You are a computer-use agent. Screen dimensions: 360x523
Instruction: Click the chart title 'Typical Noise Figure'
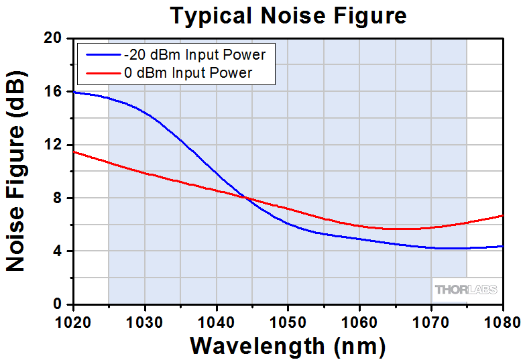click(x=288, y=15)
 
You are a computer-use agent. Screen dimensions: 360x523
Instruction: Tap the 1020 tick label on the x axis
click(x=74, y=320)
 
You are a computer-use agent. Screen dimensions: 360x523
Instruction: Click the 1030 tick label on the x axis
click(x=145, y=320)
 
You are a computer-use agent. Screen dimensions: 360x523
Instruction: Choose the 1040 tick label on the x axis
click(x=217, y=320)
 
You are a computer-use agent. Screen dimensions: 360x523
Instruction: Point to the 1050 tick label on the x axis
click(x=288, y=320)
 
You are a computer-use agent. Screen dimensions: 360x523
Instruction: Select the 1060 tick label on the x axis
click(x=359, y=320)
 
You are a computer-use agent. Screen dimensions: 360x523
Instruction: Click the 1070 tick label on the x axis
click(x=430, y=320)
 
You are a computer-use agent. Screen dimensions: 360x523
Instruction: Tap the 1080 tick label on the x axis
click(x=502, y=320)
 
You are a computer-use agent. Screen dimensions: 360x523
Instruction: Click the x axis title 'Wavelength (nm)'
click(x=288, y=346)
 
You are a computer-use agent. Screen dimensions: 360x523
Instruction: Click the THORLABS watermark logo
click(x=466, y=290)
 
